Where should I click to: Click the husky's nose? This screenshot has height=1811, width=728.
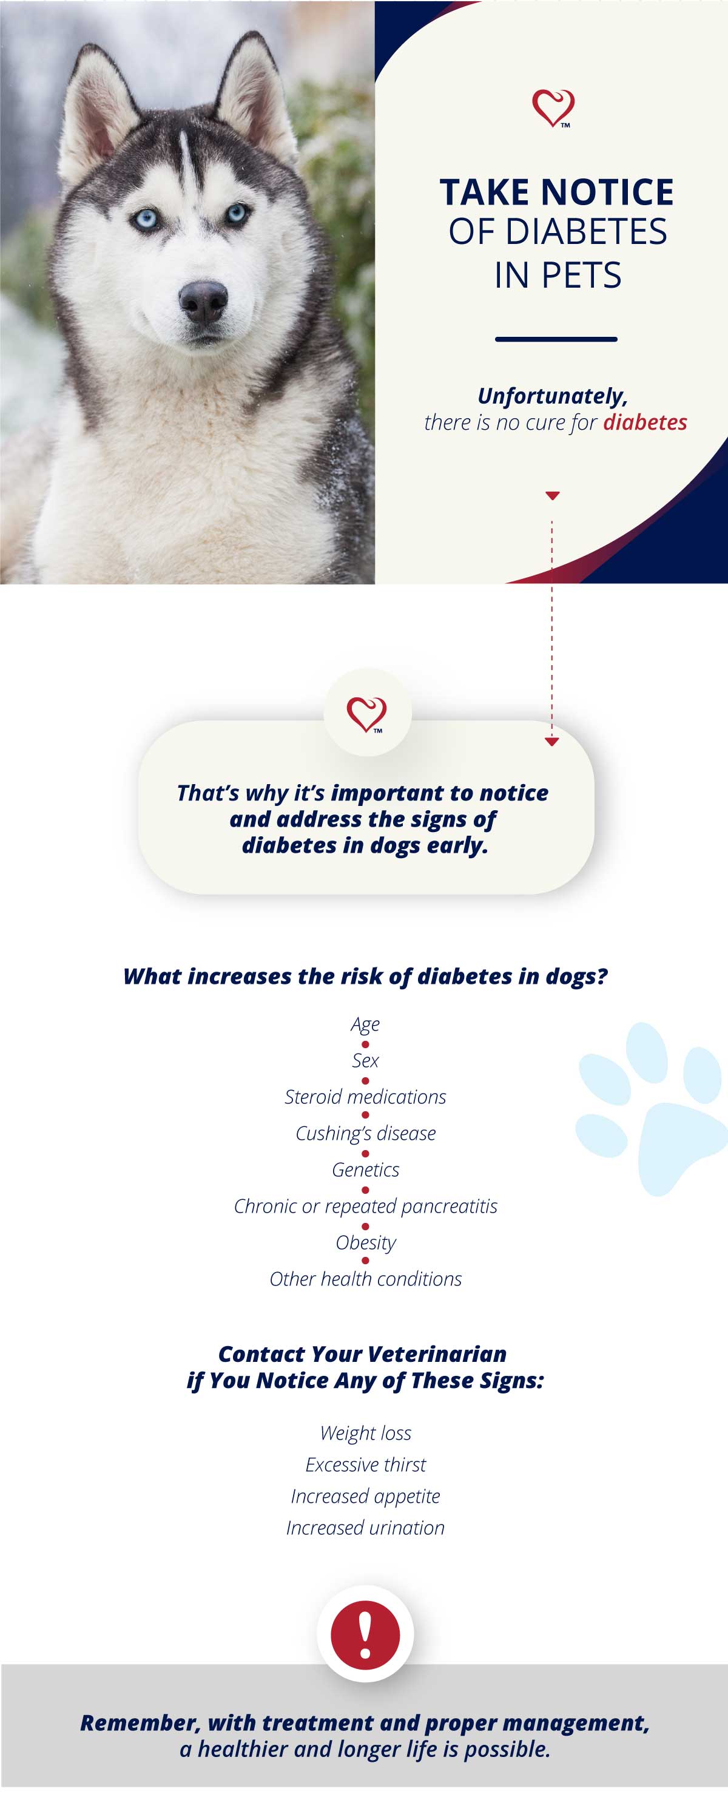click(x=203, y=300)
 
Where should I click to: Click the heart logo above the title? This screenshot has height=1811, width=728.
click(x=553, y=108)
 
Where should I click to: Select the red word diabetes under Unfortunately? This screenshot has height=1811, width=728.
click(x=645, y=422)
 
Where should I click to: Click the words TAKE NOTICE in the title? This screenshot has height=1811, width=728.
click(x=556, y=192)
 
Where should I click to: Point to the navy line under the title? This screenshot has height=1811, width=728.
click(x=556, y=339)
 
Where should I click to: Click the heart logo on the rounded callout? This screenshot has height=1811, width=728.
click(x=367, y=714)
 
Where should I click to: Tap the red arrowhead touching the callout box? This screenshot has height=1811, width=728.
click(x=551, y=742)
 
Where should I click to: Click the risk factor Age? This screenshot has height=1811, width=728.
click(x=365, y=1024)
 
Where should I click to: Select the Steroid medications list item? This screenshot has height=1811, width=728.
click(x=365, y=1097)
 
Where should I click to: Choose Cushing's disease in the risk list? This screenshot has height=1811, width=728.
click(x=365, y=1133)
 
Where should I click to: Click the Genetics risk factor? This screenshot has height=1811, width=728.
click(x=365, y=1170)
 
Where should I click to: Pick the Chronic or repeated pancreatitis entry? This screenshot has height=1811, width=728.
click(x=365, y=1207)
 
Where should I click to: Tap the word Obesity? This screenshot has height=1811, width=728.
click(x=365, y=1243)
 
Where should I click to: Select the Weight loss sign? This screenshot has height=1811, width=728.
click(x=365, y=1434)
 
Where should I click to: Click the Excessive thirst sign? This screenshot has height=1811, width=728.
click(x=365, y=1465)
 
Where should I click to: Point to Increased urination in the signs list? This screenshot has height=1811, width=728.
click(x=365, y=1528)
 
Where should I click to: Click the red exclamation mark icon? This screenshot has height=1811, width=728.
click(x=365, y=1634)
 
